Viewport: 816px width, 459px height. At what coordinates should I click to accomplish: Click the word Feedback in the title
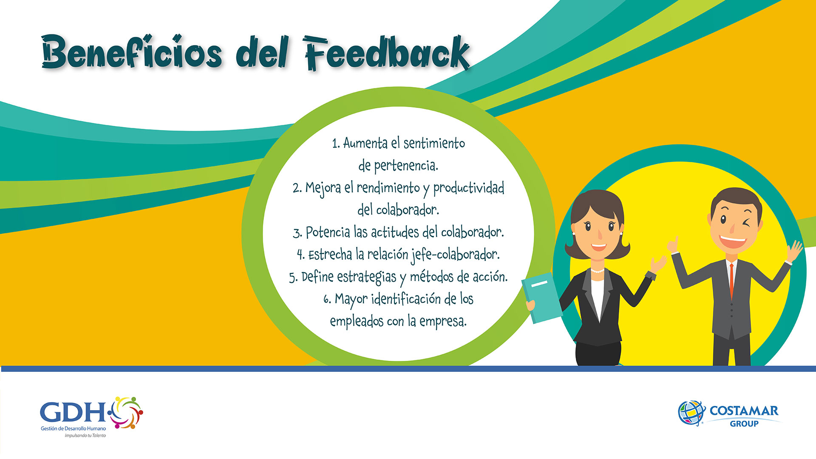pyautogui.click(x=387, y=53)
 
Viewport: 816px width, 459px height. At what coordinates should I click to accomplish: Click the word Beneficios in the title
pyautogui.click(x=132, y=52)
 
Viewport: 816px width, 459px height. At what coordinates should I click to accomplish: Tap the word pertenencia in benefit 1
pyautogui.click(x=405, y=166)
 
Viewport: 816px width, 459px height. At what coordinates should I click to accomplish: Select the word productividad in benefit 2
pyautogui.click(x=468, y=188)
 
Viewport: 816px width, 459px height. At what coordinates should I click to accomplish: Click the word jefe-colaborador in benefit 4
pyautogui.click(x=455, y=255)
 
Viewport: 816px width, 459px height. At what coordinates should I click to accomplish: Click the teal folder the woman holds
pyautogui.click(x=541, y=297)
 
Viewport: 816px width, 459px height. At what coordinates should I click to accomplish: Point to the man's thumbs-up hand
pyautogui.click(x=673, y=245)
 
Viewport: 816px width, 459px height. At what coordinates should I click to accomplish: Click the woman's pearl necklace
pyautogui.click(x=598, y=270)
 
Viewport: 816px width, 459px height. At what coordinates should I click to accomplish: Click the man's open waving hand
pyautogui.click(x=793, y=251)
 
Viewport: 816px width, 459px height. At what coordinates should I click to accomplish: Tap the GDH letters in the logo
pyautogui.click(x=73, y=412)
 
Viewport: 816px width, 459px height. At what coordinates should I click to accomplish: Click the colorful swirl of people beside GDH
pyautogui.click(x=126, y=412)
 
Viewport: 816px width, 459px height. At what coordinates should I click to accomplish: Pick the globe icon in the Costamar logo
pyautogui.click(x=691, y=413)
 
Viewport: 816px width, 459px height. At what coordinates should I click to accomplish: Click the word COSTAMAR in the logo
pyautogui.click(x=744, y=411)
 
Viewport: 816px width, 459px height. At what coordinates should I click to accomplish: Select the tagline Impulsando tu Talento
pyautogui.click(x=85, y=436)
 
